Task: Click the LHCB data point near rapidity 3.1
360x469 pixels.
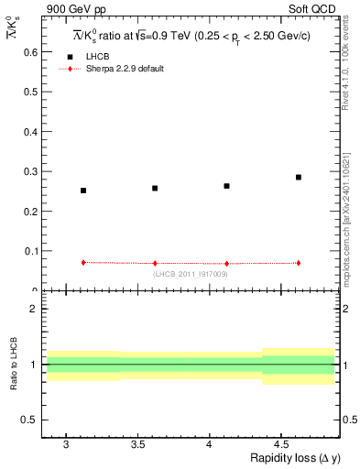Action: click(x=83, y=191)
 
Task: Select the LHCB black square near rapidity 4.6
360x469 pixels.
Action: click(x=299, y=177)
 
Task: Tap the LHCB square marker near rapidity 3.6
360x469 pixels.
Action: click(x=155, y=188)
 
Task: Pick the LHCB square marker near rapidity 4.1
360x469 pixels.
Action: click(x=226, y=186)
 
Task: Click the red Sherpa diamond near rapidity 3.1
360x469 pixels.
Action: click(x=83, y=262)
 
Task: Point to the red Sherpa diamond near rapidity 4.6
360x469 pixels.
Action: click(x=299, y=263)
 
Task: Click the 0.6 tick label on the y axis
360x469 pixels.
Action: click(x=30, y=52)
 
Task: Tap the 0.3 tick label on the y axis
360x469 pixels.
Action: click(x=30, y=171)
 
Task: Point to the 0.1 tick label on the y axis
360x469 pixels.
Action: click(x=30, y=251)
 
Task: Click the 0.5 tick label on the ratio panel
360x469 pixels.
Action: click(x=30, y=420)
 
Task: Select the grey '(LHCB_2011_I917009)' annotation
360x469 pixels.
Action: click(x=190, y=273)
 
